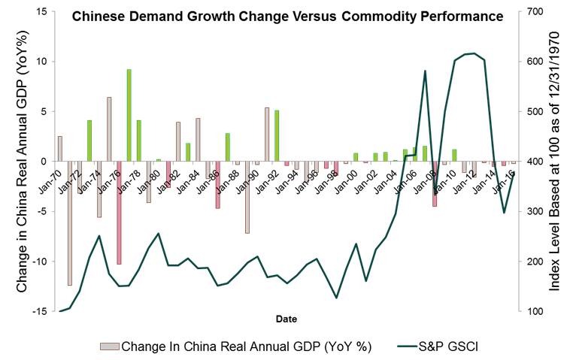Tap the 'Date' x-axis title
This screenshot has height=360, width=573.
(284, 318)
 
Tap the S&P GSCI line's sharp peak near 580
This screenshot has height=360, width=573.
(425, 71)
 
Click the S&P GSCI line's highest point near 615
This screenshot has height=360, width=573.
(470, 53)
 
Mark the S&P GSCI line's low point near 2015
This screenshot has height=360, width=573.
(504, 213)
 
